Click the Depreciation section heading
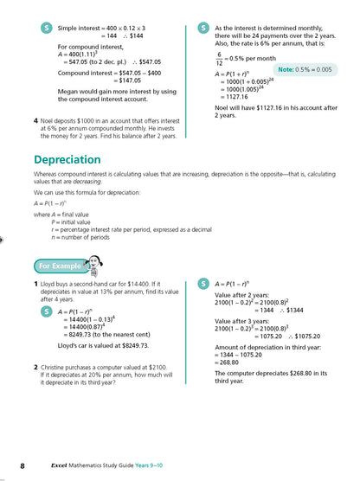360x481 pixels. click(x=74, y=159)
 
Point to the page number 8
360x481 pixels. click(x=23, y=466)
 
